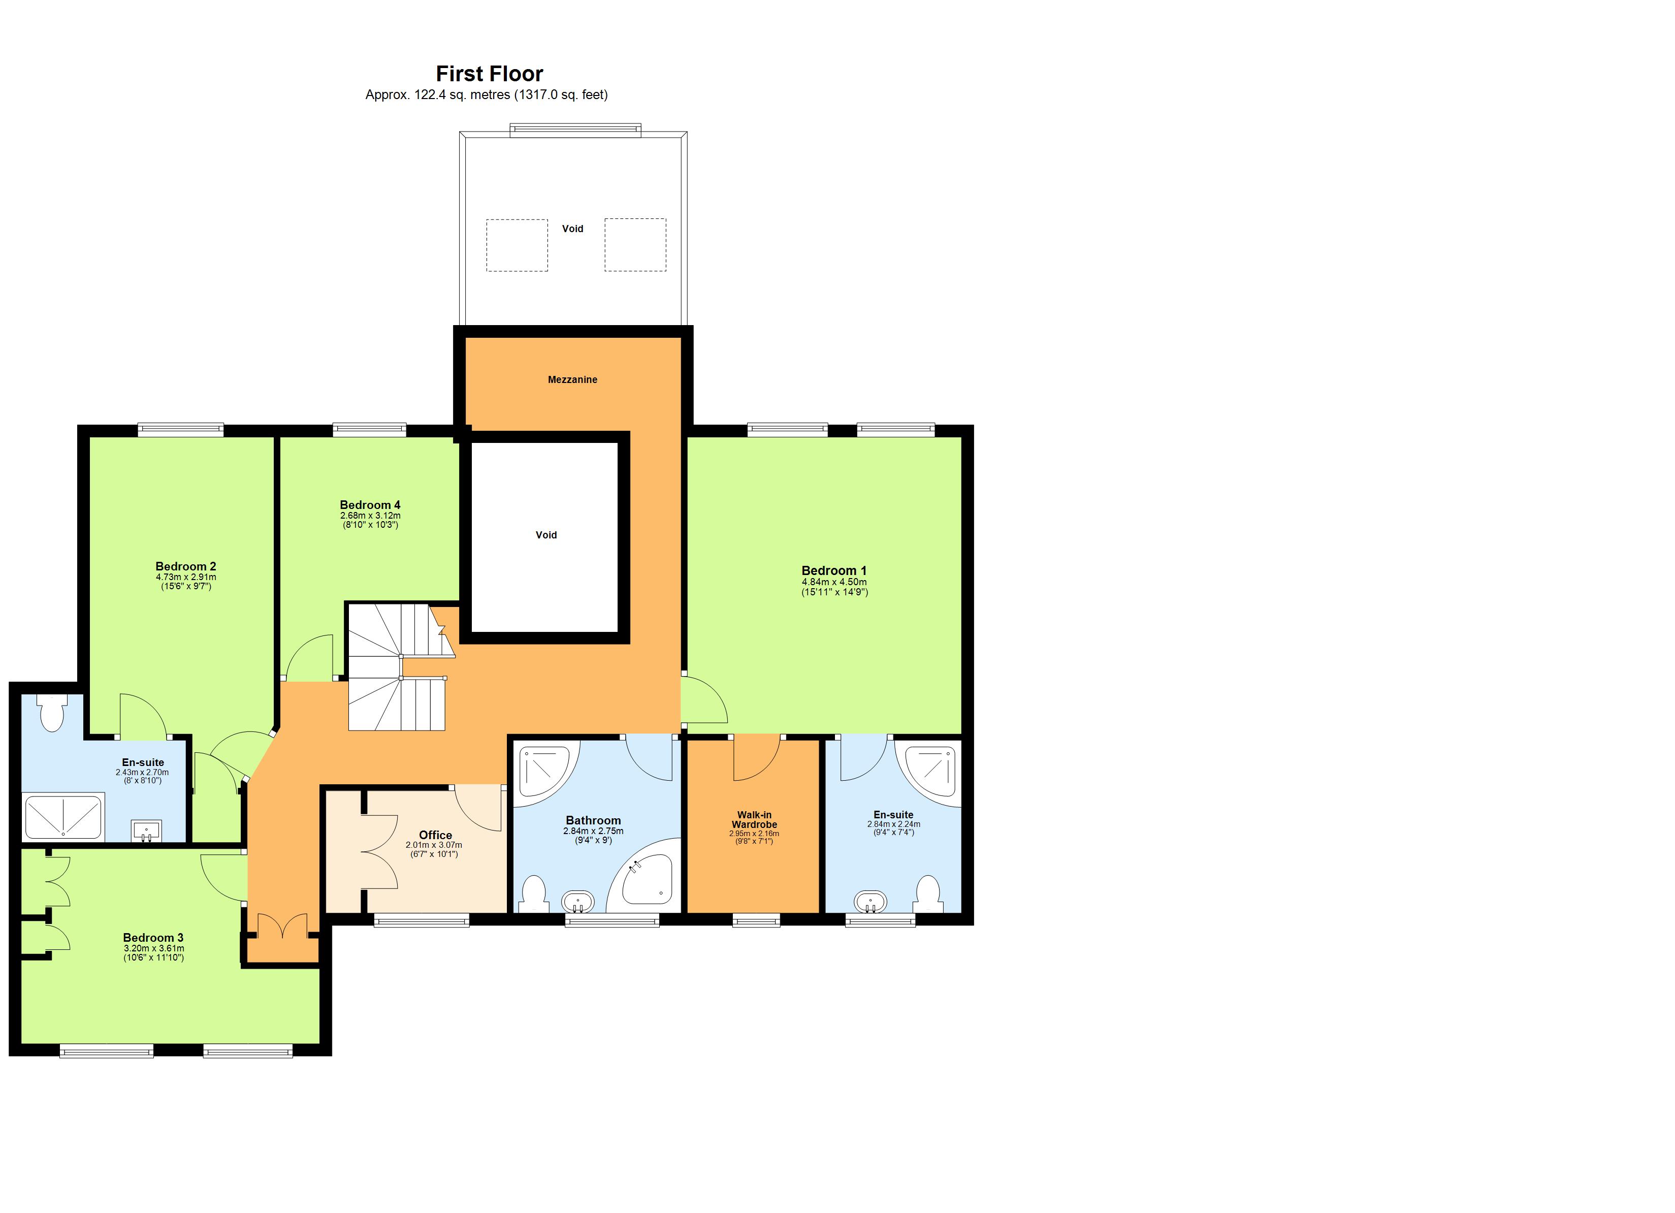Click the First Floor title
(x=489, y=74)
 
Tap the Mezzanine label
(x=572, y=380)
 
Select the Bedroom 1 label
(x=834, y=570)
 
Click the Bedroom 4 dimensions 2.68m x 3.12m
(x=370, y=516)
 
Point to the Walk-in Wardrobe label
(x=754, y=819)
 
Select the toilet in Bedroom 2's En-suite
(x=52, y=714)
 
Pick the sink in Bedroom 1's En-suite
(x=871, y=902)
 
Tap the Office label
(x=435, y=835)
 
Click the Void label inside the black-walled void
(x=546, y=535)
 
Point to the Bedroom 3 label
(x=153, y=938)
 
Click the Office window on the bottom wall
(x=421, y=920)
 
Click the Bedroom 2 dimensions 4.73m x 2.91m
(x=185, y=577)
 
